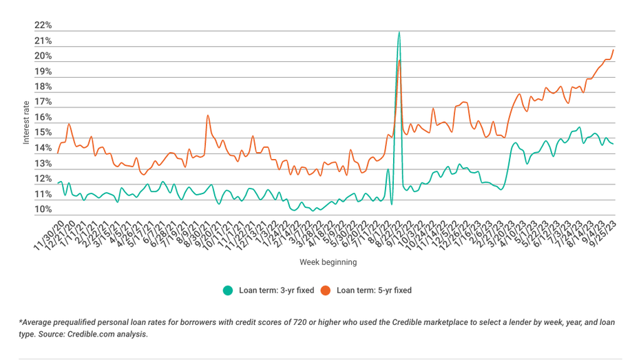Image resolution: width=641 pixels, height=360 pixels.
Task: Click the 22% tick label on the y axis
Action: point(43,25)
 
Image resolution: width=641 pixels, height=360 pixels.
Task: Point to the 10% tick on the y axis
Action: point(43,210)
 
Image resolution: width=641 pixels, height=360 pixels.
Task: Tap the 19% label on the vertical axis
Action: point(43,72)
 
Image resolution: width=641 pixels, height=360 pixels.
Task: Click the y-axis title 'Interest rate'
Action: point(26,121)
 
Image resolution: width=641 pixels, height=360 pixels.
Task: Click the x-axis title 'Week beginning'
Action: point(328,262)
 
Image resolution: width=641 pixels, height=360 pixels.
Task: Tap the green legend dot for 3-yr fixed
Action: point(228,290)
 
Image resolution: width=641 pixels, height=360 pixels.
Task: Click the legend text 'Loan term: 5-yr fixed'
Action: point(374,290)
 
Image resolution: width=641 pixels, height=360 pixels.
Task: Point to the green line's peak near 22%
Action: point(399,32)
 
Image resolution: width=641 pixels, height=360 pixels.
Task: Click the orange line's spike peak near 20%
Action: point(399,61)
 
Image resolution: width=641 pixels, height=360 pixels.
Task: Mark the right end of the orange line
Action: point(613,50)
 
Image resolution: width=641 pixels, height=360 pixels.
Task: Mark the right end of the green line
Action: point(613,143)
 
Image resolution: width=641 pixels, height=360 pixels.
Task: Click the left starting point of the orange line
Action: point(58,152)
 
